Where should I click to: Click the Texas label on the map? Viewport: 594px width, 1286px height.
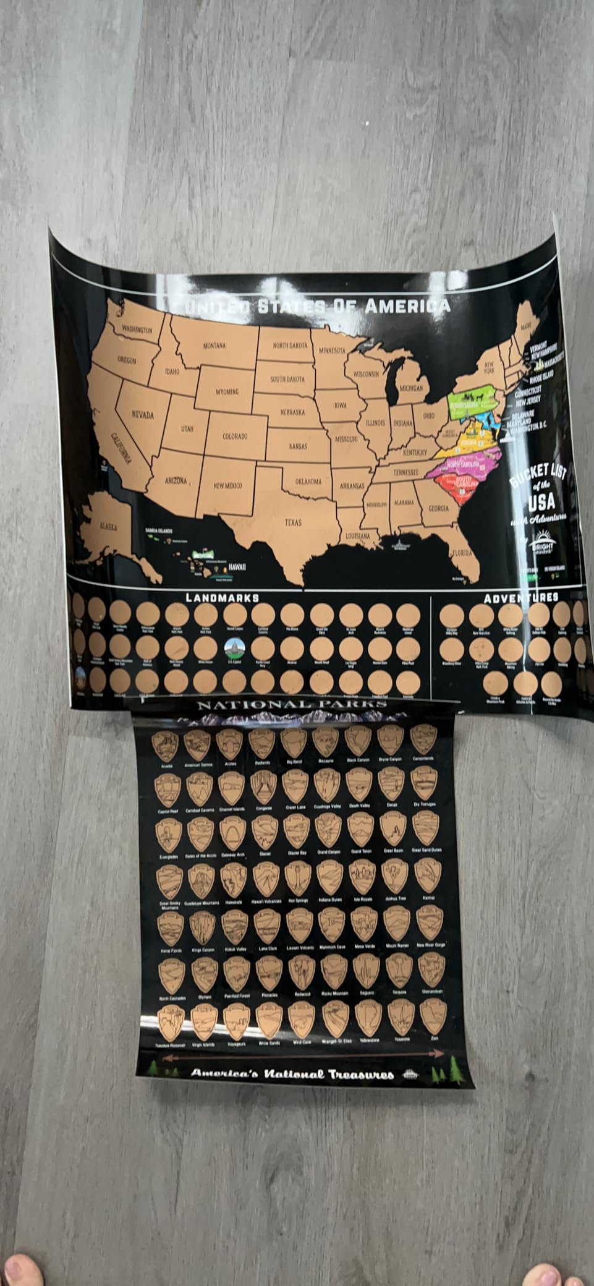[293, 522]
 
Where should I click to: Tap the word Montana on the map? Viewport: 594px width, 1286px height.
[214, 346]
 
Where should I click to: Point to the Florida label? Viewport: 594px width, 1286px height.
[461, 552]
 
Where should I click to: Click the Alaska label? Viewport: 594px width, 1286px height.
[109, 526]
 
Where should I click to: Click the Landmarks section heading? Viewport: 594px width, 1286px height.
[223, 597]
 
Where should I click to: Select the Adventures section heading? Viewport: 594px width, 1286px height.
[520, 597]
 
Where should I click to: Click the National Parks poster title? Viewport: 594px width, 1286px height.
[292, 704]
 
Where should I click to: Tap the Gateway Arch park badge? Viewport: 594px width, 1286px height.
[232, 833]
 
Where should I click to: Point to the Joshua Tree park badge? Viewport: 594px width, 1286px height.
[393, 877]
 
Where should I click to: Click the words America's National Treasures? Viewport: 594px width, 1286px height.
[292, 1073]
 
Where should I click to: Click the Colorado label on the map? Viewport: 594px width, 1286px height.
[235, 436]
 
